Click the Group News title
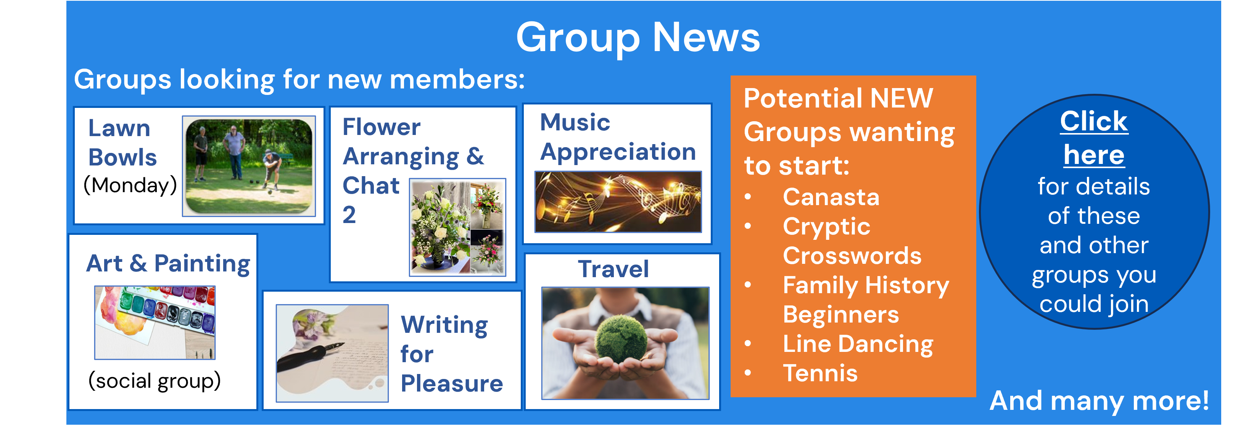(x=638, y=38)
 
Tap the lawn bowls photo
(x=249, y=166)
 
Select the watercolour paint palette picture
(x=155, y=323)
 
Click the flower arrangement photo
(x=457, y=227)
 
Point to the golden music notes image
(x=618, y=202)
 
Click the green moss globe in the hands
(x=621, y=337)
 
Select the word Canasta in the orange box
(x=831, y=197)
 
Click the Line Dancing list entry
(x=858, y=345)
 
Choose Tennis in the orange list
(x=820, y=373)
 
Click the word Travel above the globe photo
(x=613, y=269)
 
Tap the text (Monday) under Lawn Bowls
(x=130, y=186)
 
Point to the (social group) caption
(x=154, y=381)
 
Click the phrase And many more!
(x=1099, y=401)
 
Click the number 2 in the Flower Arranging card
(x=349, y=215)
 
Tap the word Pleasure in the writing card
(x=452, y=384)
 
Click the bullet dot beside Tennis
(x=748, y=372)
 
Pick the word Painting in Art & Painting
(x=202, y=264)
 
